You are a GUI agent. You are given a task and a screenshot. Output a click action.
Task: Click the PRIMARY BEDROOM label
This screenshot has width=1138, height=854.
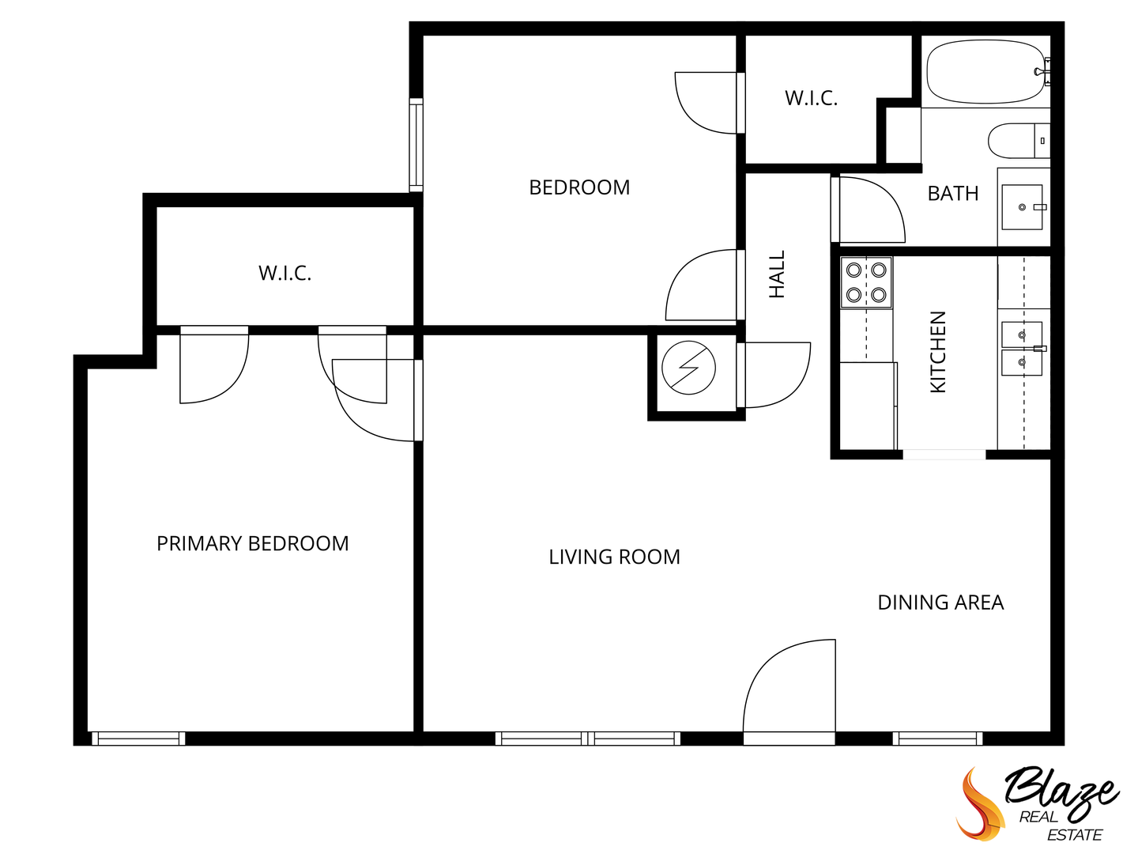[252, 544]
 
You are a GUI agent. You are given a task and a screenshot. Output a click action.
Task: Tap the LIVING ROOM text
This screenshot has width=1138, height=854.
[614, 557]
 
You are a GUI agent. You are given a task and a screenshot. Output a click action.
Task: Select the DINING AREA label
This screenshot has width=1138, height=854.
[940, 603]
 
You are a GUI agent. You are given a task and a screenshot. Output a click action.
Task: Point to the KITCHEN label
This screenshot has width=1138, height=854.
[937, 352]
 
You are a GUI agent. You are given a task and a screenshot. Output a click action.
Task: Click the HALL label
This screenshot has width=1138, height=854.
[778, 274]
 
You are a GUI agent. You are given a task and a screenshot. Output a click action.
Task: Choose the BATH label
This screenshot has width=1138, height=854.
[952, 194]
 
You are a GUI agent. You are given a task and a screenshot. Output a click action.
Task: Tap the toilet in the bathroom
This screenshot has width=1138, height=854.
[1016, 141]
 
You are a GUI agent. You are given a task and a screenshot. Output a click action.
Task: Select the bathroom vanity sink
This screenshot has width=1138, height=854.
[1022, 207]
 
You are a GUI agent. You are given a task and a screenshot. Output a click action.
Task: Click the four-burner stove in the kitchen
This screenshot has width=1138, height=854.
[866, 282]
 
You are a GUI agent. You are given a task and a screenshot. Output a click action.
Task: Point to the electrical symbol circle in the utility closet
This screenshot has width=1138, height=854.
[688, 368]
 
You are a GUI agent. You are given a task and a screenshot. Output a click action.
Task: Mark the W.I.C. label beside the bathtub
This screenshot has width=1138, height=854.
[811, 98]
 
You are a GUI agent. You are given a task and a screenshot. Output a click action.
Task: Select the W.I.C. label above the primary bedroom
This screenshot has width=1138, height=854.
[284, 274]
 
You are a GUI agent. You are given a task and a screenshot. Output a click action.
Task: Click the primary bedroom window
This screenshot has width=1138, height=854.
[138, 739]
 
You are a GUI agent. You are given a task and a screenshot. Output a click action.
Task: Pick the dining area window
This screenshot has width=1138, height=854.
[937, 739]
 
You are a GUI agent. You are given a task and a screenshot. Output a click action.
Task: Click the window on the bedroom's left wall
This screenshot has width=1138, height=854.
[416, 145]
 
